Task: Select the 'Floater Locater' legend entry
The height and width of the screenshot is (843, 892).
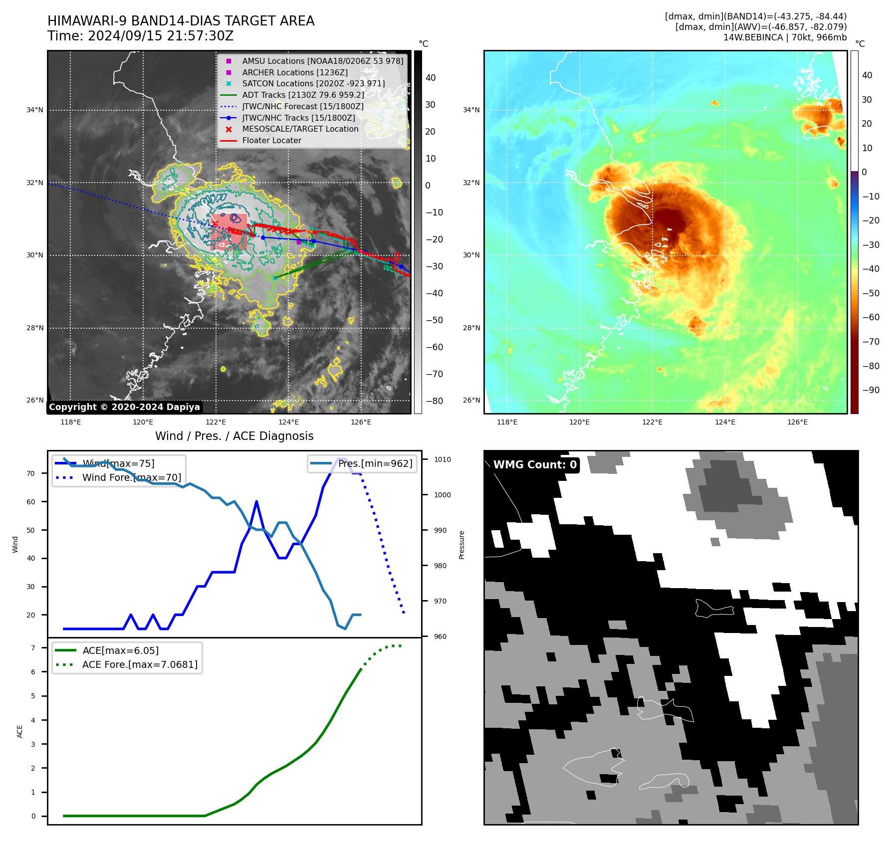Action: coord(271,141)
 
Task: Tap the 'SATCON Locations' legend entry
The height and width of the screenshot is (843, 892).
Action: coord(313,84)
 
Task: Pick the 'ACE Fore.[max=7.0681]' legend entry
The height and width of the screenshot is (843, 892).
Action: coord(140,664)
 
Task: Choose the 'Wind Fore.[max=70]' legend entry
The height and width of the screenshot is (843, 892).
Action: coord(132,477)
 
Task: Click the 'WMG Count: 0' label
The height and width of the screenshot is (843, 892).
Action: coord(535,465)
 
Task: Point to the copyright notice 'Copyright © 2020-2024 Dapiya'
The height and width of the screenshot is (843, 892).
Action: coord(124,407)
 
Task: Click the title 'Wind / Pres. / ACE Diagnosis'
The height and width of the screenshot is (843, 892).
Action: coord(234,436)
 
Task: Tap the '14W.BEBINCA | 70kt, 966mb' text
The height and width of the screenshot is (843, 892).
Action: coord(785,37)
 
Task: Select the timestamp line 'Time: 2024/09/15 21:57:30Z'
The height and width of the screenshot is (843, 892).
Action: coord(140,36)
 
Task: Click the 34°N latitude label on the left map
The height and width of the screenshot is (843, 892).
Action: coord(35,110)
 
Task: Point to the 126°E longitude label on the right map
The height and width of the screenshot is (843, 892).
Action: coord(797,422)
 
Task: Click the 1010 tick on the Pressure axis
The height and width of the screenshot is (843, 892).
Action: coord(442,459)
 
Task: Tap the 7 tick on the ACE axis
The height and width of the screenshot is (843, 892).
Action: coord(33,648)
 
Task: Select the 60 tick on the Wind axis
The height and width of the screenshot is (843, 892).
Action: coord(31,502)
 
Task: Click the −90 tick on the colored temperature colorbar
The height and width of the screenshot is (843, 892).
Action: coord(871,390)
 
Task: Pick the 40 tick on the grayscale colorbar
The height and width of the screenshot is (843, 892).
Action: coord(431,78)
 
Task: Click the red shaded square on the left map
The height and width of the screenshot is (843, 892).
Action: coord(228,231)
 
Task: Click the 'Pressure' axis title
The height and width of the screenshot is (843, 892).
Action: coord(461,545)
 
